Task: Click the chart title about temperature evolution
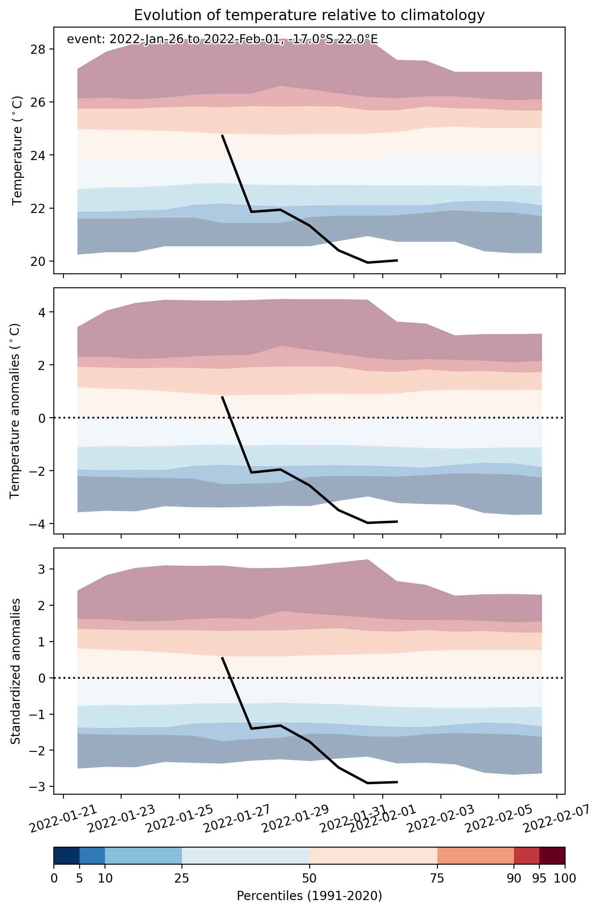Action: pos(309,15)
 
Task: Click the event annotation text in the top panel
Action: pos(222,39)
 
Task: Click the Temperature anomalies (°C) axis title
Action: pos(15,411)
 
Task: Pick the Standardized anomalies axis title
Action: pos(15,671)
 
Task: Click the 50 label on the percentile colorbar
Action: pos(310,878)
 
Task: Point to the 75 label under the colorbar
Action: pos(437,878)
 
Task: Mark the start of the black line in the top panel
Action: pos(222,136)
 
